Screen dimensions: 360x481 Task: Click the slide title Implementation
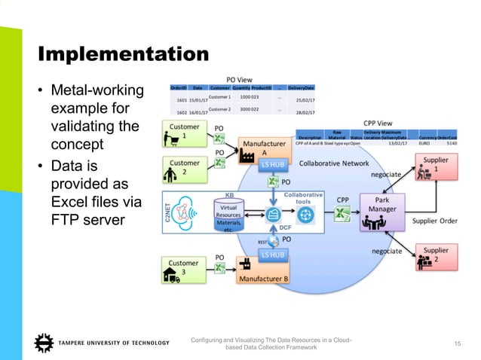click(x=123, y=54)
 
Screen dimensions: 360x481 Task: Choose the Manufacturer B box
click(x=263, y=271)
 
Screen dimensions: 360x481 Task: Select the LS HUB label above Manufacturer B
click(x=273, y=255)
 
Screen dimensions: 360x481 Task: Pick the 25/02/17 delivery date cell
click(x=304, y=99)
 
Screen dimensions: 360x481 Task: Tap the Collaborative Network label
click(x=335, y=163)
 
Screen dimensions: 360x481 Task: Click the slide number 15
click(x=456, y=344)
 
